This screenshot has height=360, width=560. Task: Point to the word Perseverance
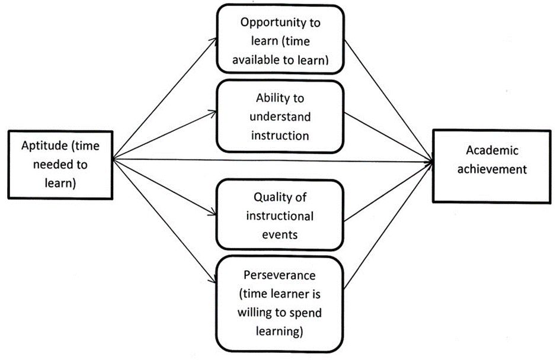pos(280,276)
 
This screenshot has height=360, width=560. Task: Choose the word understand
pos(280,116)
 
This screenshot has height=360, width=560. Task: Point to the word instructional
pos(280,215)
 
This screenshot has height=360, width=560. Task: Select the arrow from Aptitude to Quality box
pos(166,186)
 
